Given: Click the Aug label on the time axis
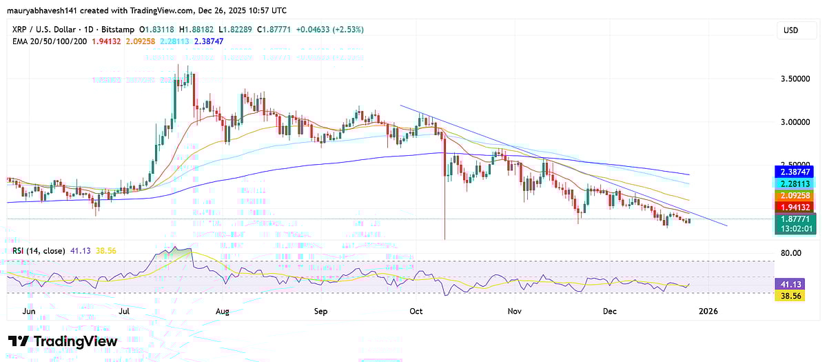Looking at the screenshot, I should click(222, 312).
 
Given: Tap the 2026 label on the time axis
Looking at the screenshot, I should click(708, 312).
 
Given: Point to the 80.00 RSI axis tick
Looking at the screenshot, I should click(793, 253).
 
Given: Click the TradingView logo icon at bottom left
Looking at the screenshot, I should click(19, 341).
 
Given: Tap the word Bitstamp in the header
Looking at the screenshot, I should click(118, 30).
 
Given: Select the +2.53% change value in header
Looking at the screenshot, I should click(349, 30).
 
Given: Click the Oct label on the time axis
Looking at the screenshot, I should click(416, 312).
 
